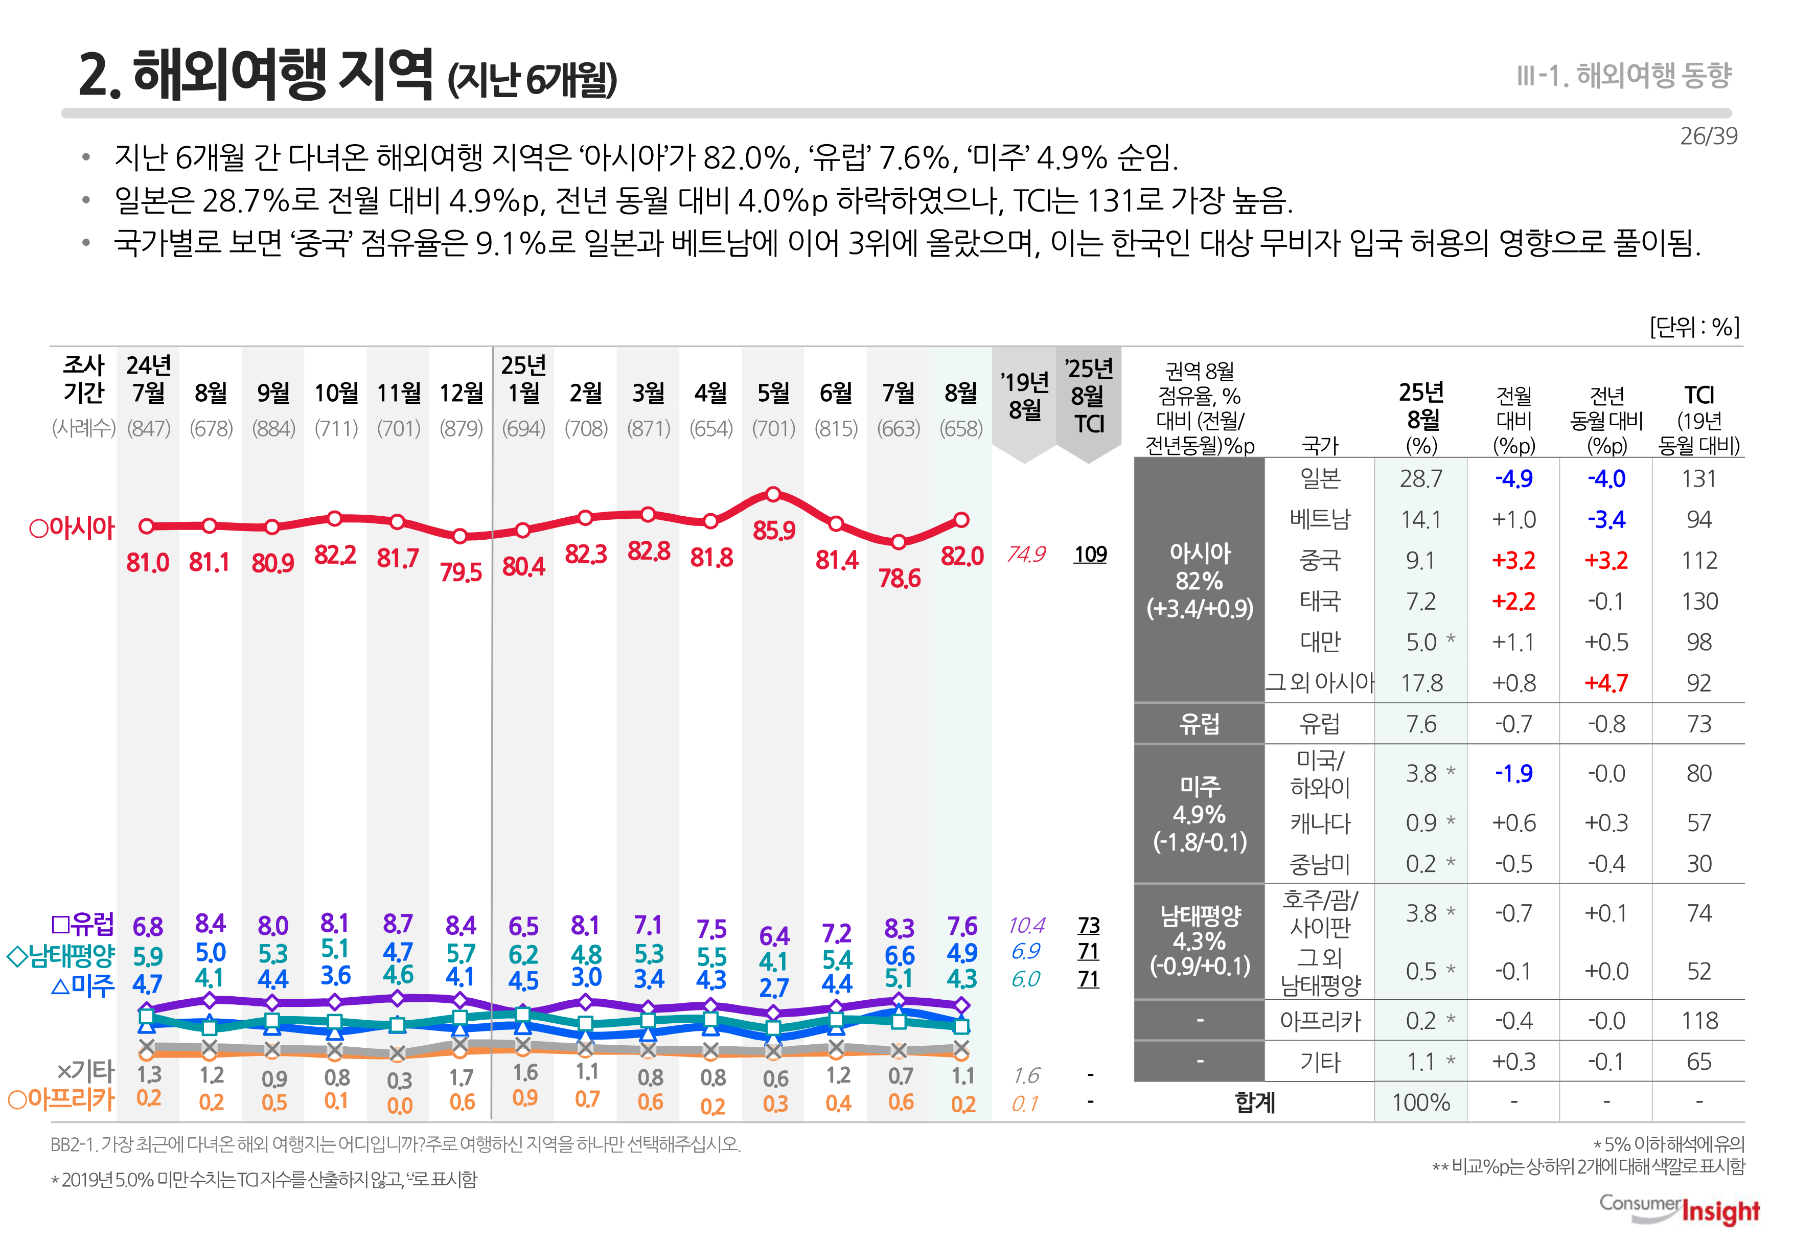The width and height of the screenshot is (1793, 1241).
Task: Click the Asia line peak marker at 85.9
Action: [773, 495]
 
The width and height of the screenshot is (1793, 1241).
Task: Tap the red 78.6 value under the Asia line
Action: [899, 579]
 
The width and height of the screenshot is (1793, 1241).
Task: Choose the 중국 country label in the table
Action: [1320, 561]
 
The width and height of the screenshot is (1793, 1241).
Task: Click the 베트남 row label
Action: [1320, 519]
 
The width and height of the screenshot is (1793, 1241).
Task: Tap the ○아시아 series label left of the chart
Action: [72, 528]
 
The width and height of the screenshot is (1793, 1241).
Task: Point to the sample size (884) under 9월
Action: [273, 428]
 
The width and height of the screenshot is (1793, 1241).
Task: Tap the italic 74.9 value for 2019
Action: [1026, 555]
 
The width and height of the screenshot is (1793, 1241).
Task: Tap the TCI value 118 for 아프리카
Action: [1699, 1021]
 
